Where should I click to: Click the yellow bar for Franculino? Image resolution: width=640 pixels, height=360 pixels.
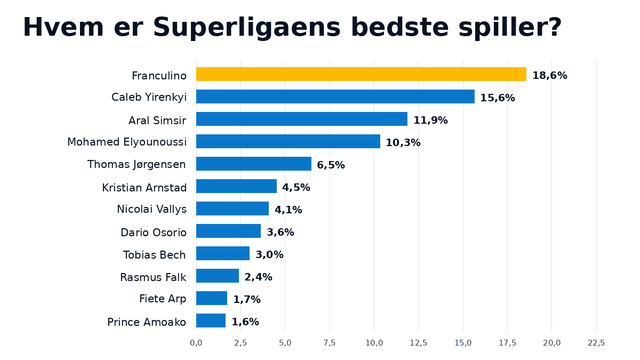361,74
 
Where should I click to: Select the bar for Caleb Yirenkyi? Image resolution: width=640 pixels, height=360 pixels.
336,97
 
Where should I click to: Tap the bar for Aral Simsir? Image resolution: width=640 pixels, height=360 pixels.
302,119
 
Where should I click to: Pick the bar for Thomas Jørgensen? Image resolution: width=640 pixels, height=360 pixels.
254,164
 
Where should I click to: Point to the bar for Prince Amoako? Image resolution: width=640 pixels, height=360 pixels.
211,320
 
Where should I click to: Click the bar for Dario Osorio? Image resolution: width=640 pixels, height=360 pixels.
229,231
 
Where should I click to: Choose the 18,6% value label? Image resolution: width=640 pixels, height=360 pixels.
550,76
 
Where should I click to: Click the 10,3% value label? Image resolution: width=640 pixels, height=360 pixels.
403,142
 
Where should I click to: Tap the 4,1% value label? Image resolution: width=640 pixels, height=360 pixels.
288,210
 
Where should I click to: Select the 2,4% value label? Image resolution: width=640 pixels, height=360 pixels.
258,277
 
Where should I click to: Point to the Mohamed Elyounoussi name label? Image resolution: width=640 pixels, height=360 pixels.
127,142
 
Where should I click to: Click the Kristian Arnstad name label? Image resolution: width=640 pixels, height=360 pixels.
144,187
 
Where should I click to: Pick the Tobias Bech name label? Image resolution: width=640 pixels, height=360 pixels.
154,255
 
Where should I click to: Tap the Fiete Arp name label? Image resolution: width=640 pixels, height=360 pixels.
162,299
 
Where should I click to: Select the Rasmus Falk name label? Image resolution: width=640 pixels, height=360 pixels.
153,277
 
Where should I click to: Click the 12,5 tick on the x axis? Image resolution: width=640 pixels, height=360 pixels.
418,343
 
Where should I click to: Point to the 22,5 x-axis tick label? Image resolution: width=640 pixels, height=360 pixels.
596,343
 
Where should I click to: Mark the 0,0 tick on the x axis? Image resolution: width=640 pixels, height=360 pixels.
196,343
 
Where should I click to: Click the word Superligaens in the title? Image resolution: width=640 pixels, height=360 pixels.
247,28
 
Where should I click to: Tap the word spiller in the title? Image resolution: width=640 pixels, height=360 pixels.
503,28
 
